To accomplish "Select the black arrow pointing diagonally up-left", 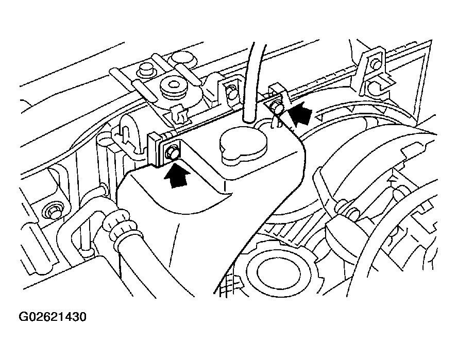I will point(301,115).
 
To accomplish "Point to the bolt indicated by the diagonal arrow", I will point(278,108).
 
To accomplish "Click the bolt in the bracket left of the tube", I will point(232,93).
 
